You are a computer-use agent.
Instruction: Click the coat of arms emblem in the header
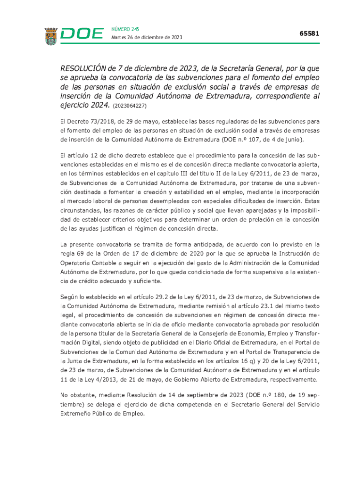tap(51, 36)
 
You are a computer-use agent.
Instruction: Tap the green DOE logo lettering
tap(82, 34)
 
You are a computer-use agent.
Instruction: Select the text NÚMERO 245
tap(125, 29)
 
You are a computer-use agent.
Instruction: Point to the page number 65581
tap(309, 33)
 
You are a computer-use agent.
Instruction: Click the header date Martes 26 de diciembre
tap(147, 38)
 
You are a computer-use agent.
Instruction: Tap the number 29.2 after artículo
tap(170, 297)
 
